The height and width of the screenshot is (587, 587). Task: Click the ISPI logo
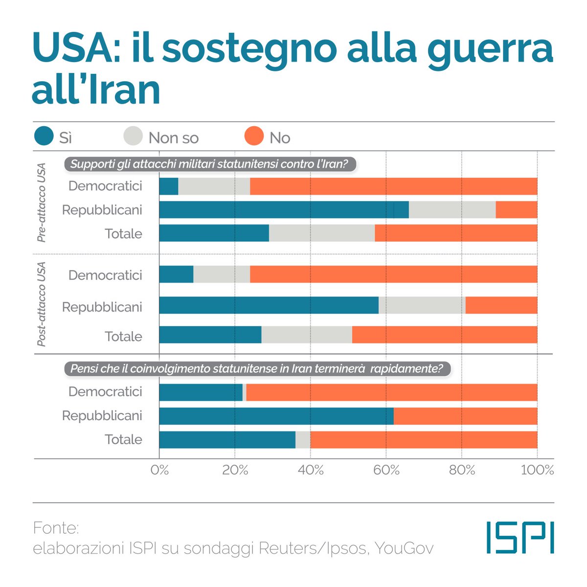(x=520, y=537)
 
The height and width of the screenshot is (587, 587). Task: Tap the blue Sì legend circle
(x=44, y=136)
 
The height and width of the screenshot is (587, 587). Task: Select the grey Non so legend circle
(x=133, y=136)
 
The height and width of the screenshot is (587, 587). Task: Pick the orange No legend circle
(x=254, y=136)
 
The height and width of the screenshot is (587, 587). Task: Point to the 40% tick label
(x=311, y=470)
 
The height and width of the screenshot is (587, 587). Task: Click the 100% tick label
(x=537, y=470)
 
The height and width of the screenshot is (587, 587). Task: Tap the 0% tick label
(x=159, y=470)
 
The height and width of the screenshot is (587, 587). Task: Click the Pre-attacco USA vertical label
(x=42, y=203)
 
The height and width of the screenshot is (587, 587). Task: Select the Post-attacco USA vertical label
(x=42, y=304)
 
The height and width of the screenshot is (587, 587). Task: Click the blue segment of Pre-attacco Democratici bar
(x=169, y=186)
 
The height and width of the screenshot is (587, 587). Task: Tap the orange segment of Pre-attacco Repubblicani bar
(x=516, y=210)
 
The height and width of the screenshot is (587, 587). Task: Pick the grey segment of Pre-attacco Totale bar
(x=322, y=233)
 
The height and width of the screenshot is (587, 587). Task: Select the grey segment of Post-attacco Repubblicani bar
(x=422, y=305)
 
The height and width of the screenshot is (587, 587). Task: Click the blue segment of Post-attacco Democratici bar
(x=176, y=274)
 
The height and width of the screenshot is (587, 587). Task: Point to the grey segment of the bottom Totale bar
(x=303, y=440)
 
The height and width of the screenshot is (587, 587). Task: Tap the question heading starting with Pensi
(x=256, y=368)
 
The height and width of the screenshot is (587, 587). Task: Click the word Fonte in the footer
(x=56, y=528)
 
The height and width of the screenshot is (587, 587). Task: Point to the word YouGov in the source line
(x=404, y=548)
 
